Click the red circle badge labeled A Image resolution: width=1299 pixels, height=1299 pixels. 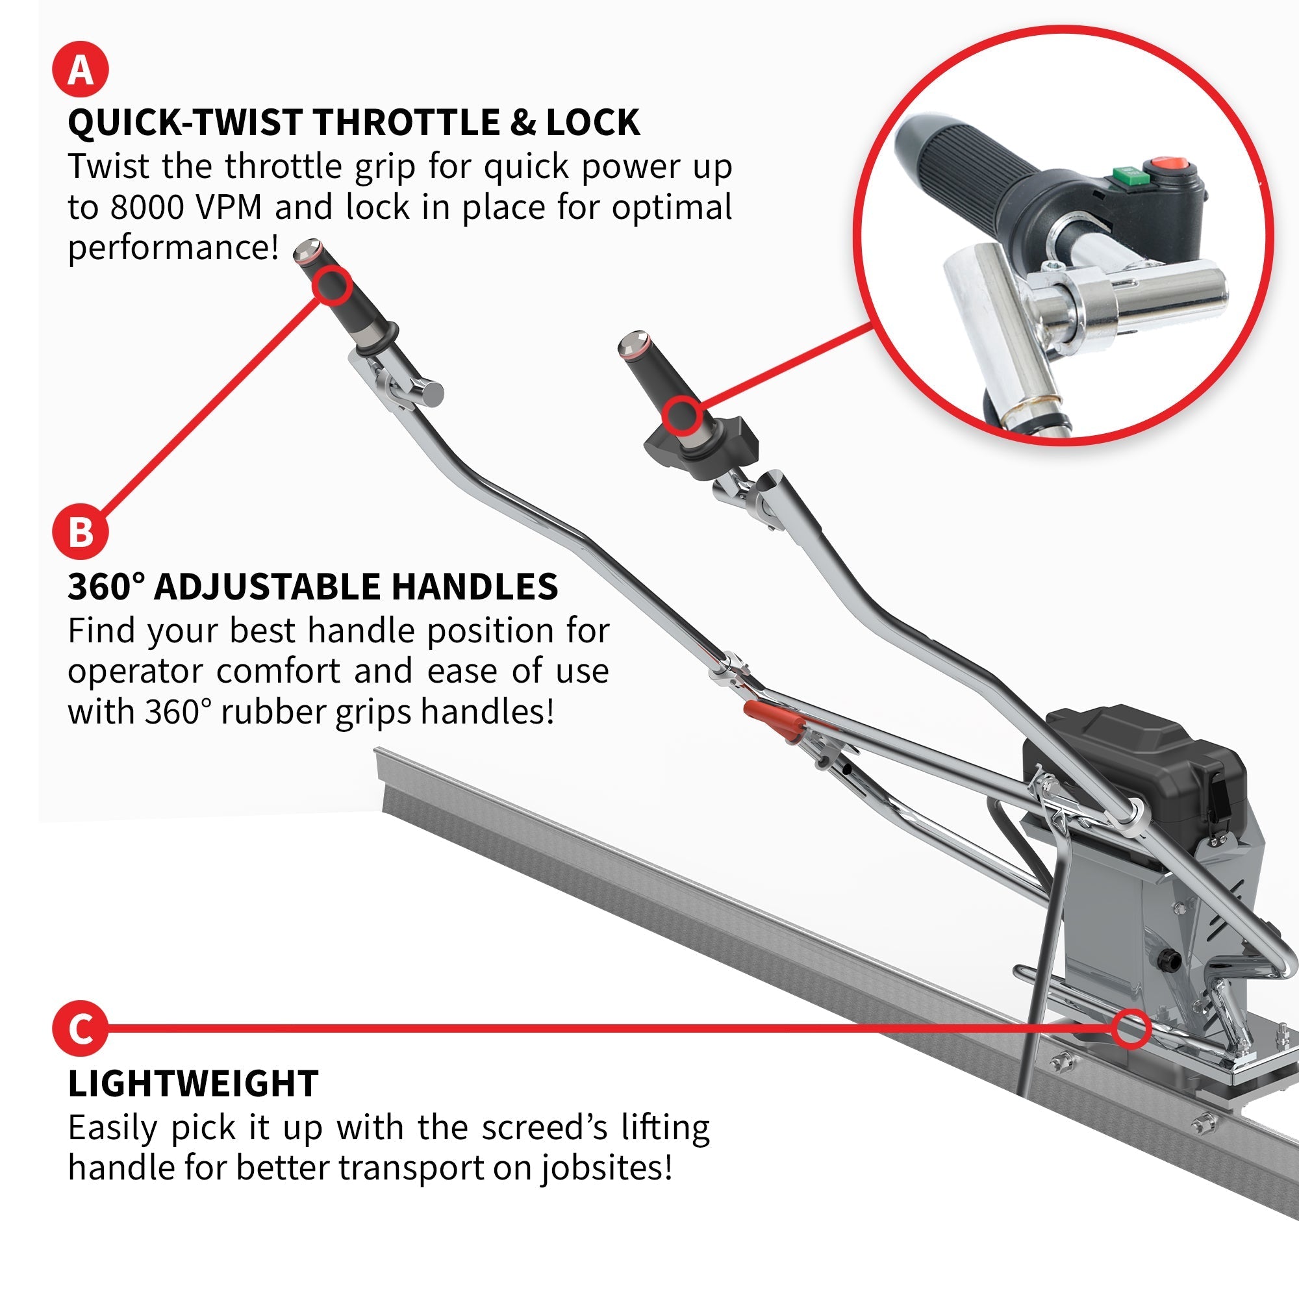[80, 69]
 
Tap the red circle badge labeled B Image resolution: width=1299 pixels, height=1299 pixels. [80, 532]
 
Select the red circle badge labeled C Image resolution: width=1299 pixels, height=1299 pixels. [80, 1028]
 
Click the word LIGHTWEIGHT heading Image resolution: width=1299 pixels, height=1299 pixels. [193, 1084]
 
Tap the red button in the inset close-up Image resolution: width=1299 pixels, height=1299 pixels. [1170, 164]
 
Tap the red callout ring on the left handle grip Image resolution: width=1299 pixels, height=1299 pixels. [331, 285]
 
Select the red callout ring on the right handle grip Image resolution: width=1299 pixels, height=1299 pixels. [681, 415]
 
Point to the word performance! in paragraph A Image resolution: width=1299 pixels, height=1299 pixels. [173, 248]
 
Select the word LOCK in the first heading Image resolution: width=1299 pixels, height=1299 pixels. [593, 122]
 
